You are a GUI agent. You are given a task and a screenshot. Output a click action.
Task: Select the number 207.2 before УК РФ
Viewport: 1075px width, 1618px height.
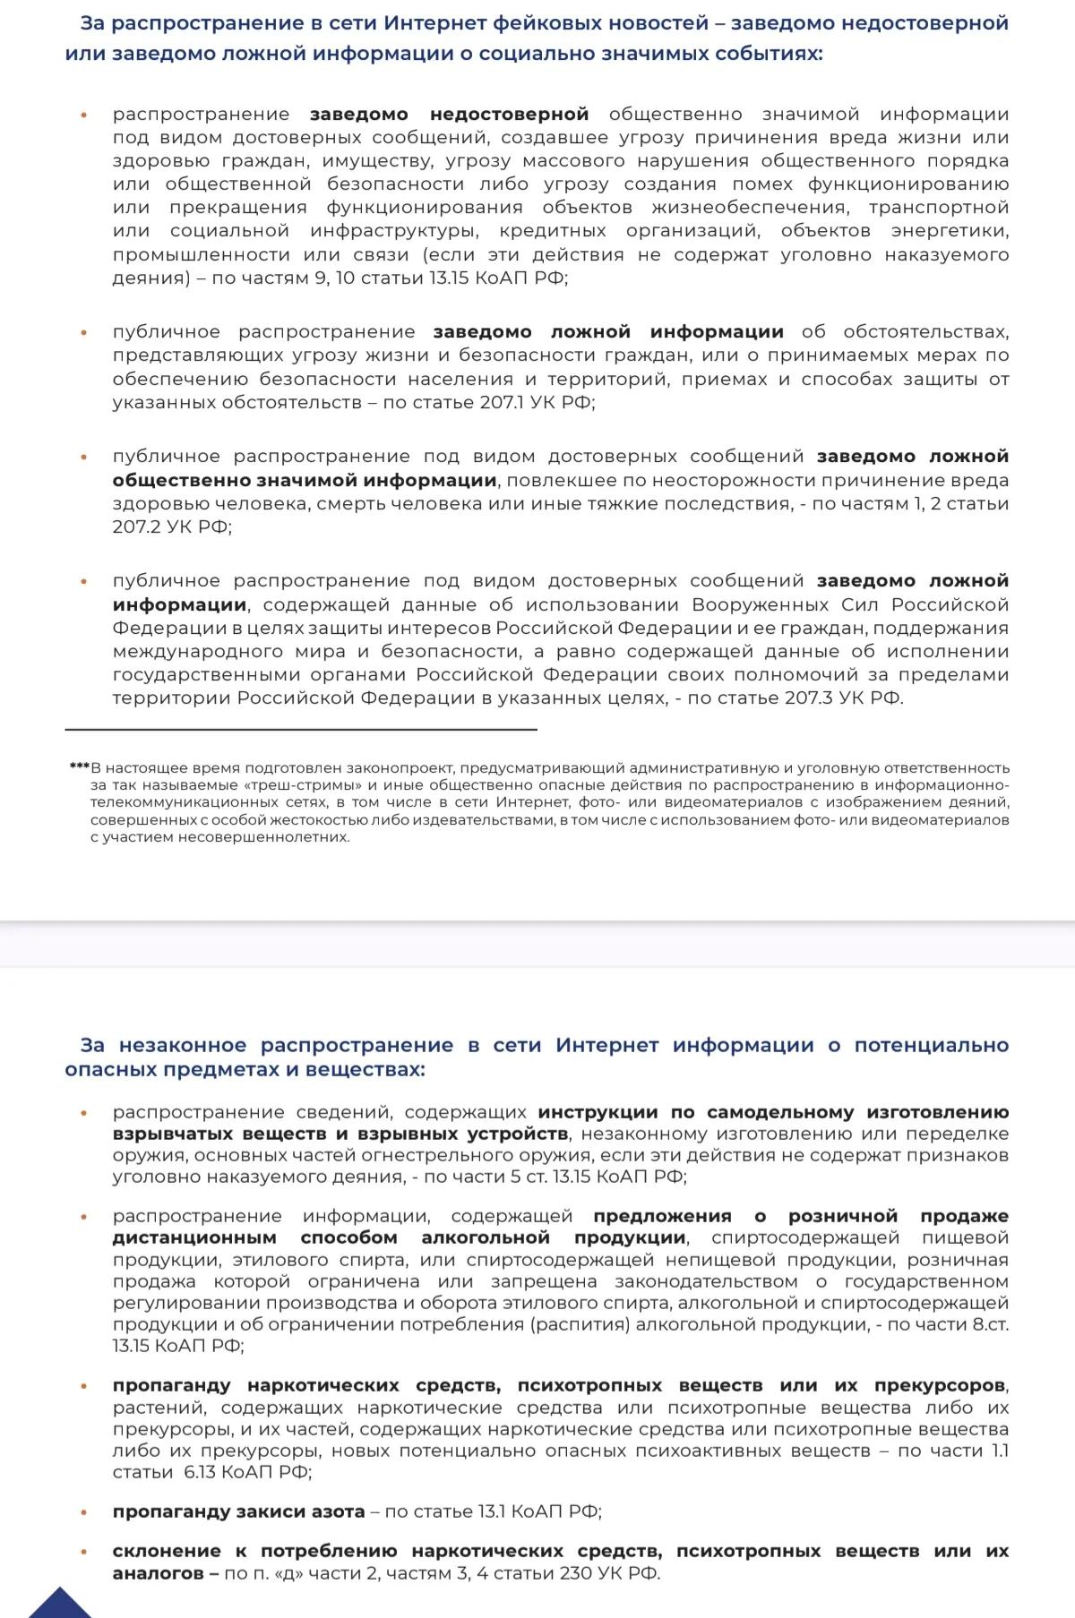tap(137, 526)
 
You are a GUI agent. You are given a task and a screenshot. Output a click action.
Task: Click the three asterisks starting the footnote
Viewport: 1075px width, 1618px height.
tap(79, 767)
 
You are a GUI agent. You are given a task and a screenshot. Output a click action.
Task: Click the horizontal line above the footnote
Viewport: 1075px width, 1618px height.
tap(301, 730)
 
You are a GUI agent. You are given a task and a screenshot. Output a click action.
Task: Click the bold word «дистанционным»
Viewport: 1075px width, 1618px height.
tap(194, 1237)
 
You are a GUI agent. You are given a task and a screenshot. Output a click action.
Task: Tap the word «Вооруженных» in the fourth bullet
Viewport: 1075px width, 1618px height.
tap(761, 604)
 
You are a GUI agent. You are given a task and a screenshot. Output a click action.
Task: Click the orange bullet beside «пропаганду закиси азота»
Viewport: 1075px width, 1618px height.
tap(84, 1512)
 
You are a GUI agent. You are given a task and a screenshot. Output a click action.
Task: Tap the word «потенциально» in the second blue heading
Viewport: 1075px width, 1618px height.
tap(931, 1045)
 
